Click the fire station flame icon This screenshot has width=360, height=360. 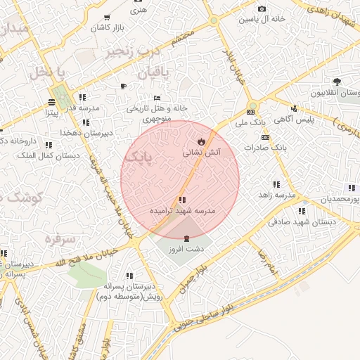pos(201,141)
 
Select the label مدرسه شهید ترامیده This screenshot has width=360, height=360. pos(182,210)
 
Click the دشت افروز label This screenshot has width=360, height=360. pos(186,249)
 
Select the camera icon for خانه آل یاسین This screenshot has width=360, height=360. pos(262,9)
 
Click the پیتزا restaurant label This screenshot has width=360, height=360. pos(51,112)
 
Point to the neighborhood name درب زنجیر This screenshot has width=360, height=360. pos(134,51)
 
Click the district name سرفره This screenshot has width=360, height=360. pos(60,239)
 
